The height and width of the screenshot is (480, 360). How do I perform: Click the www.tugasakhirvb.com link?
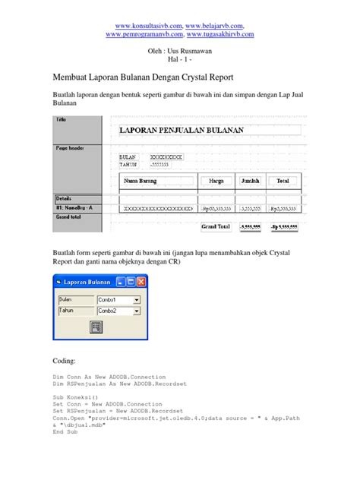[222, 34]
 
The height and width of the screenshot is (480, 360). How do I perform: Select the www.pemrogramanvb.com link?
[145, 34]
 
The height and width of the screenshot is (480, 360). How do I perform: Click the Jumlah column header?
[250, 181]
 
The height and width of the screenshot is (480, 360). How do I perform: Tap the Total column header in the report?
[283, 181]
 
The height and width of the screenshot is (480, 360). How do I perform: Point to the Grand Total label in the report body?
[215, 226]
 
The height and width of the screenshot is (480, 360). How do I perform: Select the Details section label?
[64, 197]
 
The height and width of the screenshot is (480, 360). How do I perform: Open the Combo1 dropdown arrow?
[137, 300]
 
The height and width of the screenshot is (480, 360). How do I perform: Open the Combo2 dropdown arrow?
[137, 311]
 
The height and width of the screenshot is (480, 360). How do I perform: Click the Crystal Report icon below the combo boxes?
[96, 327]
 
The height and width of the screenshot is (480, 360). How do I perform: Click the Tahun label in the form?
[67, 311]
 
